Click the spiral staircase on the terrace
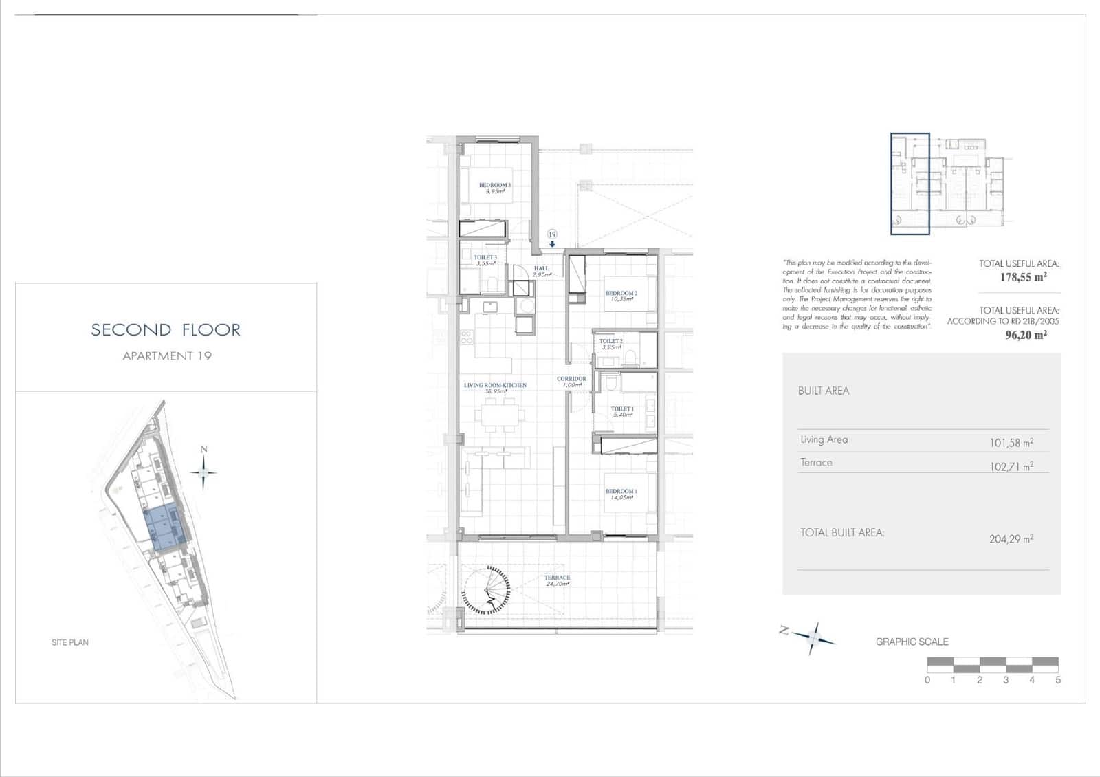point(486,590)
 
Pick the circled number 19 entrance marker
point(552,234)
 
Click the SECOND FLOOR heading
point(166,330)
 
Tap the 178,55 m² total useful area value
point(1023,277)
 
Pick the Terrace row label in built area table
point(816,463)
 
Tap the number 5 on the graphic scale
point(1057,680)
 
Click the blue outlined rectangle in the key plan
point(910,184)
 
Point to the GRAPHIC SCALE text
point(912,642)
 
